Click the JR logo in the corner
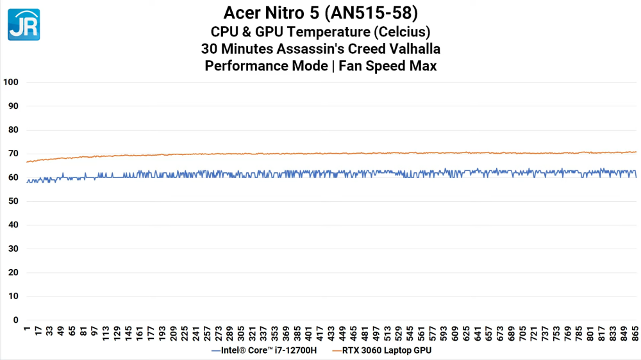tap(24, 24)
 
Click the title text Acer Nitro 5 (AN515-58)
tap(320, 13)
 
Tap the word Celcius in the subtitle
tap(401, 31)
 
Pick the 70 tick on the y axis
tap(13, 154)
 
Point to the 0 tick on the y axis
tap(16, 320)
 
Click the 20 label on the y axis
tap(13, 272)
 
